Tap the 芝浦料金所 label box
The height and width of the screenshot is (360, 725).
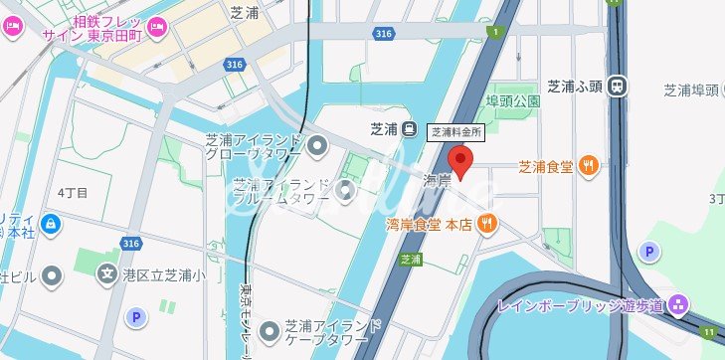pos(455,131)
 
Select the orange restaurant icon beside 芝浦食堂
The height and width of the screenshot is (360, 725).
pos(589,166)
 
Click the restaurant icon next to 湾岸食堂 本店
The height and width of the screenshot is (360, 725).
pos(486,224)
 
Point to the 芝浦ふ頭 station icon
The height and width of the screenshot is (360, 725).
pos(619,86)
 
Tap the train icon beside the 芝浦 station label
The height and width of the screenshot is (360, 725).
pos(410,129)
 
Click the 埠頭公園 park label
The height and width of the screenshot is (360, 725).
pos(512,101)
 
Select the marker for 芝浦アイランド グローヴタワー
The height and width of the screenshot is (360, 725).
pos(318,148)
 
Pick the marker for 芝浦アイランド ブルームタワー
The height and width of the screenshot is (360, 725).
pos(345,189)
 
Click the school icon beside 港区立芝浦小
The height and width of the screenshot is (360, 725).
pos(106,272)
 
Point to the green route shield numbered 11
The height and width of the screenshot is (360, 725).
pos(707,332)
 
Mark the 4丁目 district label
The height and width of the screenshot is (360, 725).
pos(74,191)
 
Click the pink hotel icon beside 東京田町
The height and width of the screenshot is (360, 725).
pos(156,26)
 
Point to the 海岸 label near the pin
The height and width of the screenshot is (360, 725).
pos(438,180)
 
